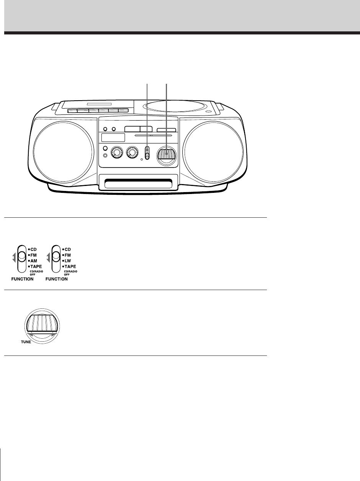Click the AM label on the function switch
click(34, 261)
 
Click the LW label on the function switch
click(68, 261)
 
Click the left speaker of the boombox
click(63, 150)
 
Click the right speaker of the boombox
click(213, 150)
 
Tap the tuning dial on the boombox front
click(166, 154)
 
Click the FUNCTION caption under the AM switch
click(22, 279)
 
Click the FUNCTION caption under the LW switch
click(56, 279)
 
